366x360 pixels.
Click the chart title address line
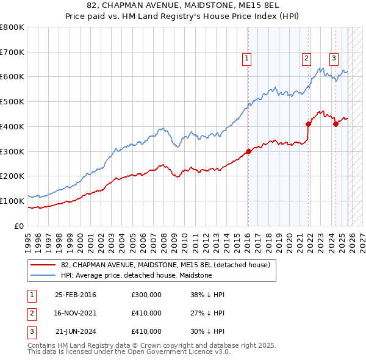coord(183,7)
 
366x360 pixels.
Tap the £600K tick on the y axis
coord(13,77)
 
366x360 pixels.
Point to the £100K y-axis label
coord(13,201)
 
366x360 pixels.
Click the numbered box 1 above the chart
coord(247,59)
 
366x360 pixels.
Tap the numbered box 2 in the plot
coord(306,59)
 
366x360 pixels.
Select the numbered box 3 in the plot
coord(334,59)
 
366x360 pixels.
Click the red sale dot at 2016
coord(248,151)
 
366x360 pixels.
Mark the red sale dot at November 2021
coord(309,124)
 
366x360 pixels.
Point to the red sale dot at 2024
coord(335,124)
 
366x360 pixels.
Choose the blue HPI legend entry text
coord(136,275)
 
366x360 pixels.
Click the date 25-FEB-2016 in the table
coord(76,295)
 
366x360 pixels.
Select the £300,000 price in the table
coord(146,295)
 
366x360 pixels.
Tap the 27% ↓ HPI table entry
coord(207,313)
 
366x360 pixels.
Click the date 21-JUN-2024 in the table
coord(76,331)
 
